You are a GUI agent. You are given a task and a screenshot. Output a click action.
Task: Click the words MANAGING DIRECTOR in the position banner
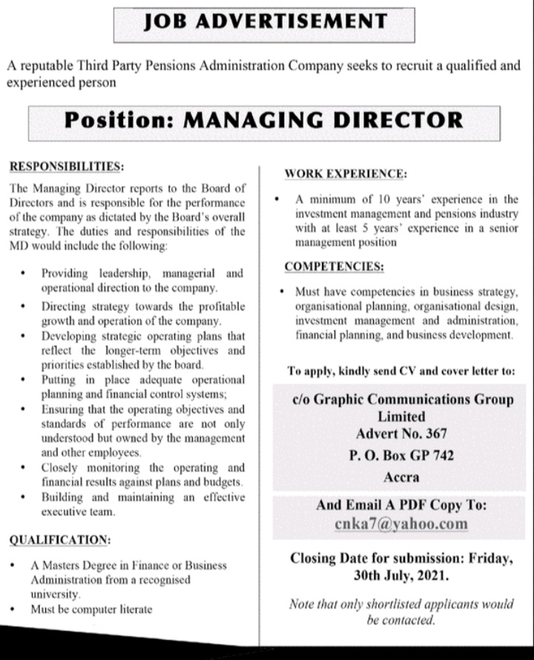point(323,119)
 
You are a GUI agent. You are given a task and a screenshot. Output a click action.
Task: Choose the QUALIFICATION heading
point(60,540)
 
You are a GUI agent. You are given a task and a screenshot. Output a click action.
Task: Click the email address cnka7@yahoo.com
point(401,524)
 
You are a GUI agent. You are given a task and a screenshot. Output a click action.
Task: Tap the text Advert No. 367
point(401,434)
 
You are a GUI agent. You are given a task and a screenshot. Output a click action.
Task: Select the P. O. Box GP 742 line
point(401,456)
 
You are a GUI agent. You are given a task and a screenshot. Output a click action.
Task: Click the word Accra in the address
point(401,477)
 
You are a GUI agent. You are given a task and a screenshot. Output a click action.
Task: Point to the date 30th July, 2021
point(401,575)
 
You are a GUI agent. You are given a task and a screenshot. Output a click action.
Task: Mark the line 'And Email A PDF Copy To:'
point(401,505)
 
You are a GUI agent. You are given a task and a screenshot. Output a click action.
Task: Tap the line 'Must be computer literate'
point(90,610)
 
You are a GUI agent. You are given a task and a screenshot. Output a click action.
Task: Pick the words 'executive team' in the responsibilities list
point(78,512)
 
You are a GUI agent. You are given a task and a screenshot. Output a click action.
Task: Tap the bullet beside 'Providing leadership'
point(24,273)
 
